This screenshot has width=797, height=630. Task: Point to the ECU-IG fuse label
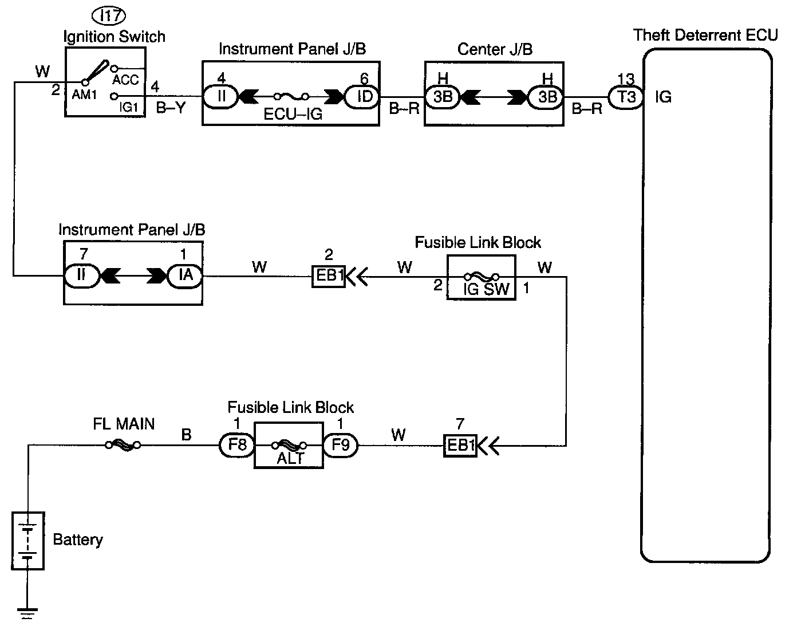[293, 113]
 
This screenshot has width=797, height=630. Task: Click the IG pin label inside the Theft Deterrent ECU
[663, 97]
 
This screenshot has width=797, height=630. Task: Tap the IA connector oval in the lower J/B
[185, 275]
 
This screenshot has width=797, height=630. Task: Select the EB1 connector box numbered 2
[328, 276]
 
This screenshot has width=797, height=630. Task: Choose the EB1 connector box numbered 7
[460, 446]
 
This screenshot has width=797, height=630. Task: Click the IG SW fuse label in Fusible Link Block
[486, 289]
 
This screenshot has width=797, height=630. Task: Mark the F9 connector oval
[340, 444]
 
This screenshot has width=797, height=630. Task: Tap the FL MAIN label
[124, 424]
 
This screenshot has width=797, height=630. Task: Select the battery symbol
[27, 540]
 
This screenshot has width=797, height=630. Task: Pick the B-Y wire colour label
[171, 107]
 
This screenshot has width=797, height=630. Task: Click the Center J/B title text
[495, 49]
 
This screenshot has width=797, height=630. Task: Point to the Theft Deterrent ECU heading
[705, 35]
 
